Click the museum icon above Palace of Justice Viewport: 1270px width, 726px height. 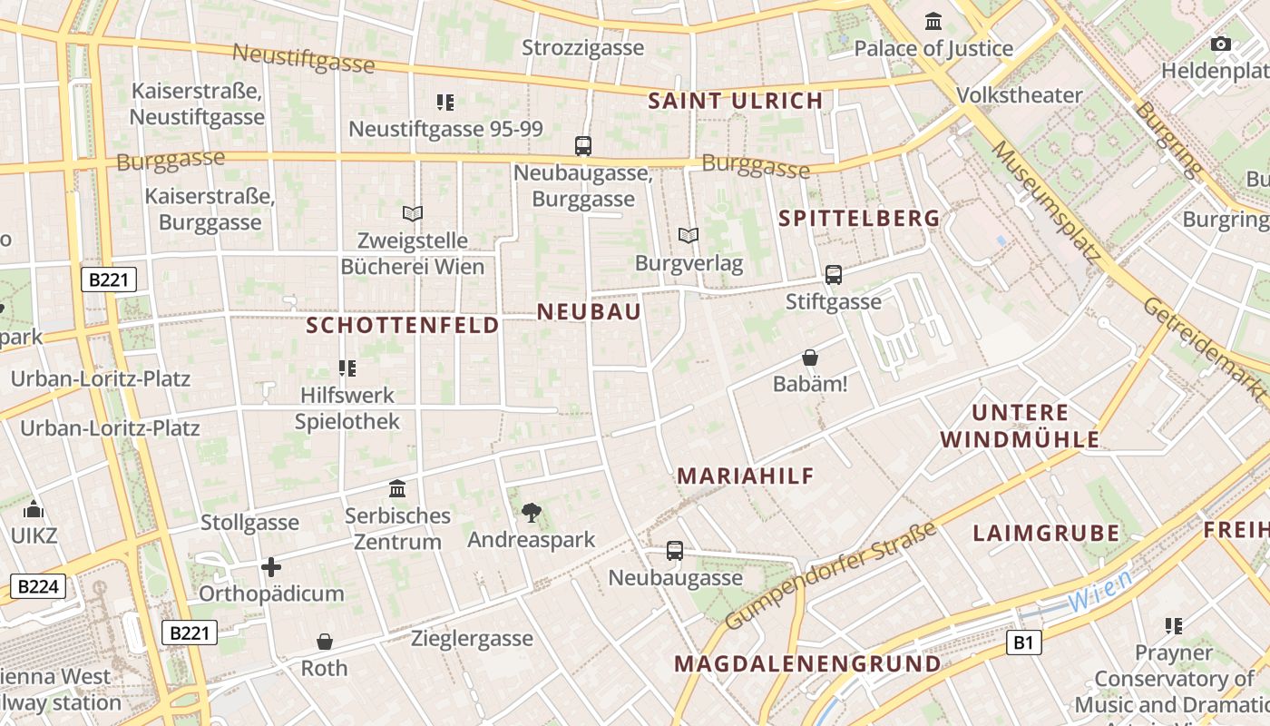[933, 21]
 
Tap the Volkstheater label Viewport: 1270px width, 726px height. [1020, 95]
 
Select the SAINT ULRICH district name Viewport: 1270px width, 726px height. [736, 101]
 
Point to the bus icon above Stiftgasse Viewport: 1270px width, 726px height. [833, 274]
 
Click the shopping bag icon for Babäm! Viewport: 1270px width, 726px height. [810, 358]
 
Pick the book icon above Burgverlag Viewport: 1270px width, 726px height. [689, 236]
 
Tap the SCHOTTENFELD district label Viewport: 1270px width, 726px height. [403, 325]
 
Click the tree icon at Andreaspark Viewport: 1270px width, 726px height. [532, 513]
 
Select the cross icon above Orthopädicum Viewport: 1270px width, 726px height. [271, 567]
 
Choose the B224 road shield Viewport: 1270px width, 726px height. [38, 586]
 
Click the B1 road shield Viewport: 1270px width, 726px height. [1023, 643]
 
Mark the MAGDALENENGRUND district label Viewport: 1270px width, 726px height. [807, 663]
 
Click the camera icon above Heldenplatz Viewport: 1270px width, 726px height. [1221, 44]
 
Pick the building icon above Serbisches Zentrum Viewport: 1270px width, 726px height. [397, 489]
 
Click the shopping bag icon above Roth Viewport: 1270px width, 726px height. [325, 642]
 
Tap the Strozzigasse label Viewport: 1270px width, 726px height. [583, 48]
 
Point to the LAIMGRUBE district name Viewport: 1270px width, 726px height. [1046, 534]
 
